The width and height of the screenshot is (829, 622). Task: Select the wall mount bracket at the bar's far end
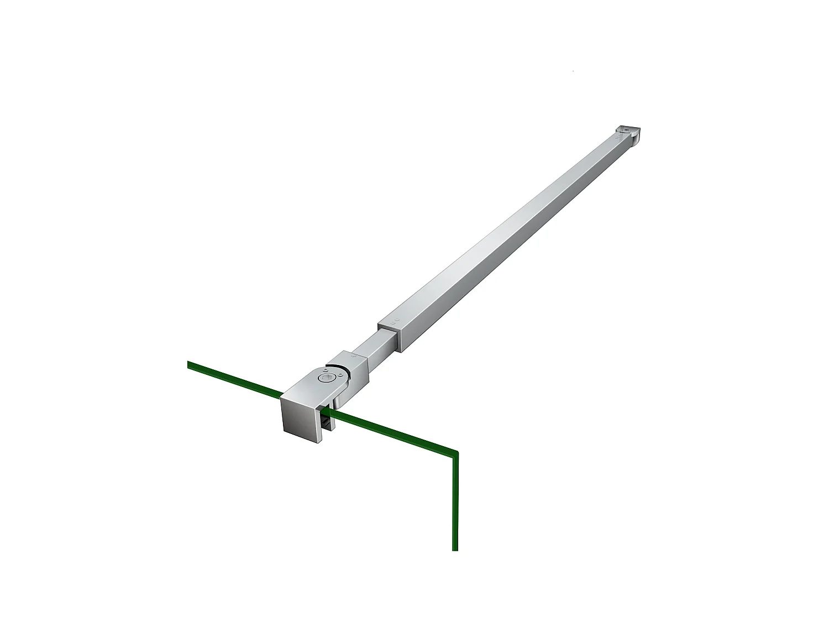628,134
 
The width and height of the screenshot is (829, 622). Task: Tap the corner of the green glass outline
457,452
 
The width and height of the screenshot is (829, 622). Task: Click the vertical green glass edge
455,503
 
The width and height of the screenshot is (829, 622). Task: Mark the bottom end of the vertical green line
455,549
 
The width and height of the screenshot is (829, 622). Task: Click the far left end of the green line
190,364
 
